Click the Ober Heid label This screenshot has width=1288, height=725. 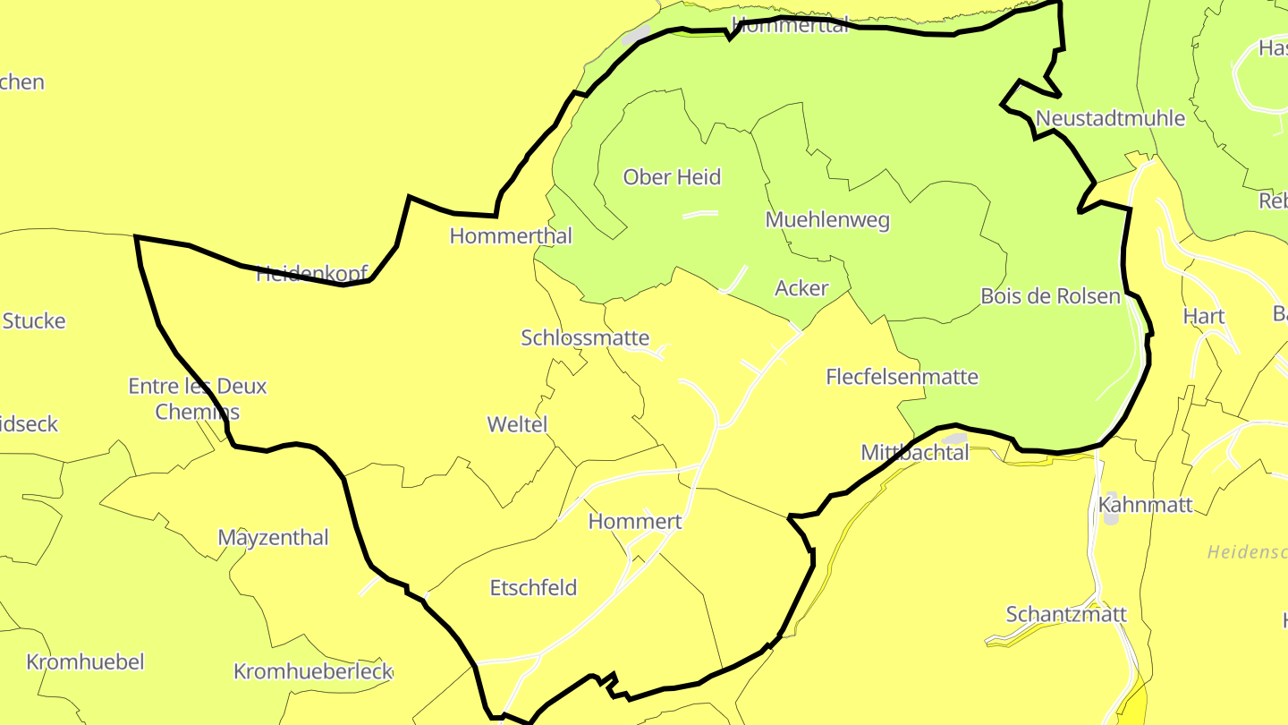click(672, 177)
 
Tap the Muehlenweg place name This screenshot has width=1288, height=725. click(827, 219)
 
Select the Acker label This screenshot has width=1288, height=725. click(801, 288)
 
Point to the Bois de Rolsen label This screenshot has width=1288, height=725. click(1050, 296)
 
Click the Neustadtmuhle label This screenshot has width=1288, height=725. click(1110, 118)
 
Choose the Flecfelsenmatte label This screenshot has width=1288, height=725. click(902, 377)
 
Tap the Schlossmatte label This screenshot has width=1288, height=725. click(585, 337)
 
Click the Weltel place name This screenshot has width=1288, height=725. click(517, 424)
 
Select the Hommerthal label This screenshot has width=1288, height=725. click(511, 236)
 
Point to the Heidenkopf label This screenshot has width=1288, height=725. click(312, 274)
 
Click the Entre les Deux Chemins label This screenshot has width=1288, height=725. click(198, 398)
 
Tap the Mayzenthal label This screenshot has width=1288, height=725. click(273, 538)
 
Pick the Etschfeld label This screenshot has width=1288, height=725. click(533, 588)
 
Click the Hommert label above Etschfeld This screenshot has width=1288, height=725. click(635, 522)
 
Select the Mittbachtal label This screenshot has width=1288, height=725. click(914, 453)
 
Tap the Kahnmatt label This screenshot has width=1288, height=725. click(1145, 505)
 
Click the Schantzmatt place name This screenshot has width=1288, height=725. click(1066, 615)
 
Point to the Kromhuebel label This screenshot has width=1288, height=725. click(85, 662)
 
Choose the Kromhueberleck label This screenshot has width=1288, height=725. click(313, 671)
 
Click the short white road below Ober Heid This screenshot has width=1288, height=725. click(700, 214)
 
